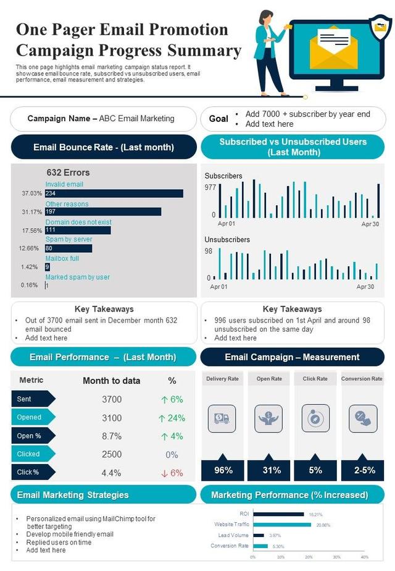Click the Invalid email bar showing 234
click(114, 193)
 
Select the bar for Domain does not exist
click(77, 230)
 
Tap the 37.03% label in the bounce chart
click(31, 193)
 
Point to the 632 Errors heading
click(68, 172)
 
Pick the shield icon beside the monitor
click(380, 27)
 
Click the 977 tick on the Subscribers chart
click(210, 187)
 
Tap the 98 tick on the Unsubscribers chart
click(209, 251)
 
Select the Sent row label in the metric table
click(25, 399)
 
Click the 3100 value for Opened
click(112, 418)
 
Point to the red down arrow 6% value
click(172, 473)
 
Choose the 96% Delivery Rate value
click(223, 470)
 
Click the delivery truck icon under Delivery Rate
click(222, 418)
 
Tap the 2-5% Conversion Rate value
click(364, 470)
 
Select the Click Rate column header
click(315, 379)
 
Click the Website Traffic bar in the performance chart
click(282, 525)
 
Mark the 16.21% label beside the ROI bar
click(315, 514)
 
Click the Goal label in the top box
click(218, 119)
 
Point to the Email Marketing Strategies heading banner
click(73, 494)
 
